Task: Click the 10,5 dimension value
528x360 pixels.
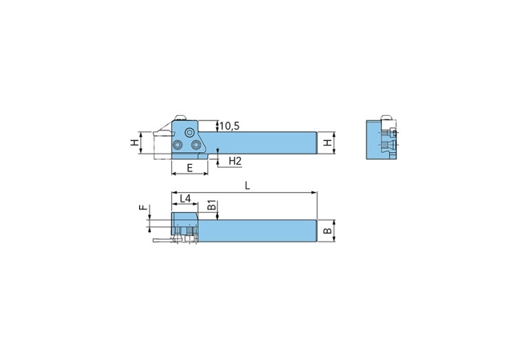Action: click(231, 125)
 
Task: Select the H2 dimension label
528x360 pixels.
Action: click(235, 161)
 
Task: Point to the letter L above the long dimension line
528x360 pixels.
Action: click(248, 187)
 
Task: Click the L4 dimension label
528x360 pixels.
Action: click(185, 199)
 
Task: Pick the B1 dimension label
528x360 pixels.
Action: click(212, 204)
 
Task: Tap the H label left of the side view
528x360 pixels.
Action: click(134, 143)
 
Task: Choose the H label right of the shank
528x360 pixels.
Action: click(328, 143)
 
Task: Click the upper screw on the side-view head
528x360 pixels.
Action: click(189, 132)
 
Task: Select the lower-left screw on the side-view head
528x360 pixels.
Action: click(178, 145)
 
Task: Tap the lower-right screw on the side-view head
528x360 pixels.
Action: click(196, 145)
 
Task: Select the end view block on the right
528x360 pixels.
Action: click(381, 140)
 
